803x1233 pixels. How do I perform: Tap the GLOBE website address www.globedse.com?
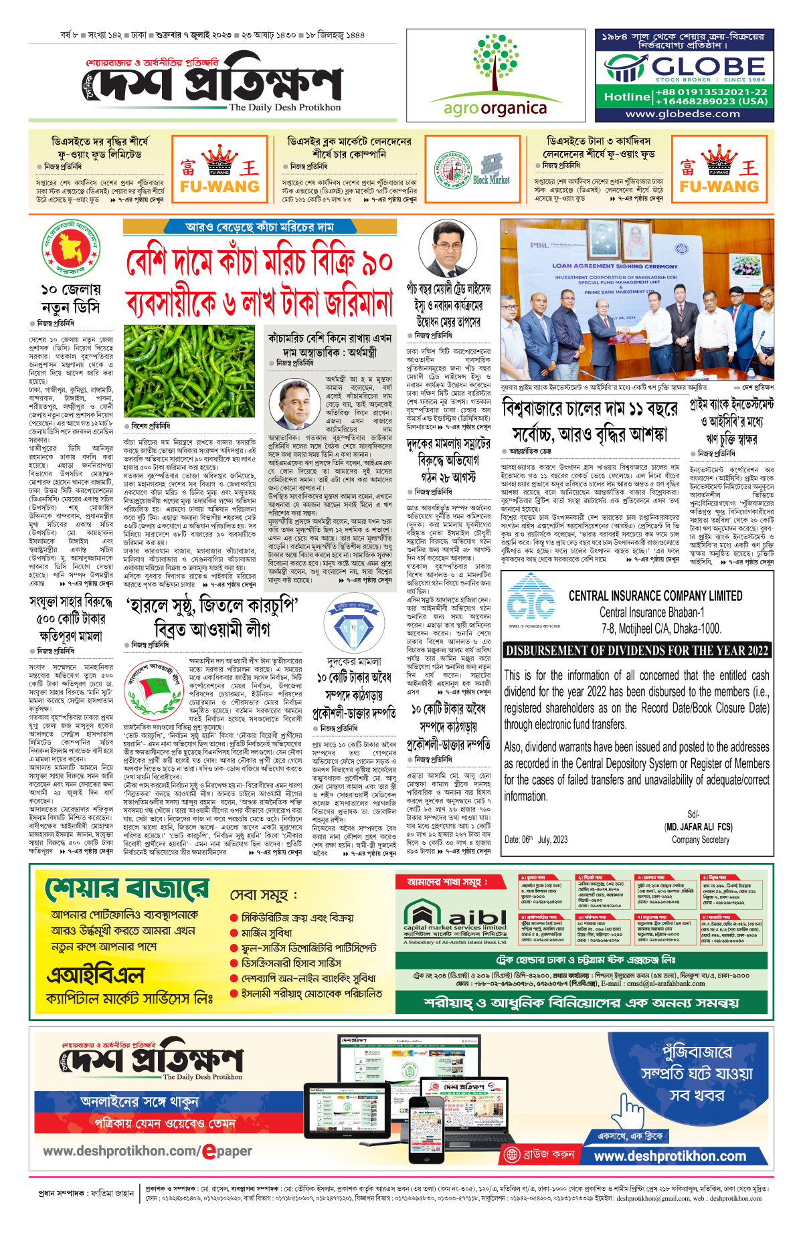point(683,114)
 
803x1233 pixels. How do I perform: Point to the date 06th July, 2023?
point(536,840)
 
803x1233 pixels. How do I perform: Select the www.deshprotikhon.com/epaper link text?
point(147,1151)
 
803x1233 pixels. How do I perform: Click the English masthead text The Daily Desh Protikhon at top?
point(284,107)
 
